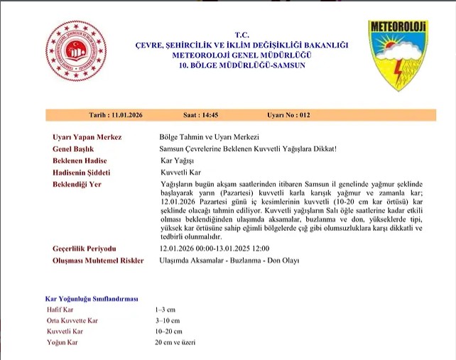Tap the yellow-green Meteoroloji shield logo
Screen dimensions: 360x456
tap(397, 54)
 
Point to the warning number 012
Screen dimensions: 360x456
tap(303, 115)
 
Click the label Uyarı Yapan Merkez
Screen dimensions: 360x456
tap(87, 136)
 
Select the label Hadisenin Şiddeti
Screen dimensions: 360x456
tap(82, 173)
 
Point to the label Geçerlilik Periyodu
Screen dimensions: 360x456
tap(85, 249)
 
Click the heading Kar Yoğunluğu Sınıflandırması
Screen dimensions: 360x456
tap(92, 299)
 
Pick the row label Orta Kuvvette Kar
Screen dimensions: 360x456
tap(72, 321)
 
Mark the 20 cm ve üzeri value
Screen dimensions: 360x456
tap(175, 342)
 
